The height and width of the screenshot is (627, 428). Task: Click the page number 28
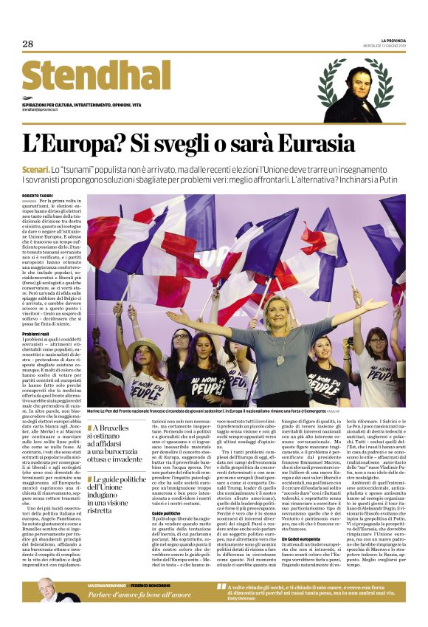[28, 44]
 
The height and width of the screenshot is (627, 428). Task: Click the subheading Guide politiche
[166, 490]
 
